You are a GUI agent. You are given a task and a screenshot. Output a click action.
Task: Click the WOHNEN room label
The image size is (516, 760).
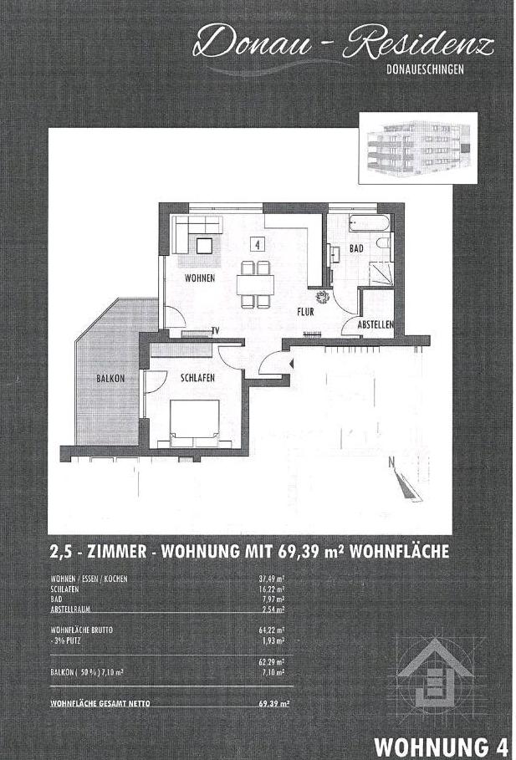pyautogui.click(x=200, y=278)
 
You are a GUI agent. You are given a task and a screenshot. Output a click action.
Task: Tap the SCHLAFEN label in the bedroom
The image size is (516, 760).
pyautogui.click(x=197, y=378)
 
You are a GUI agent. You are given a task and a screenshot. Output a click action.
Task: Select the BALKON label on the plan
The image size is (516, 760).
pyautogui.click(x=110, y=378)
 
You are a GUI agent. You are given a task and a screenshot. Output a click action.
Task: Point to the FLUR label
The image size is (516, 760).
pyautogui.click(x=305, y=313)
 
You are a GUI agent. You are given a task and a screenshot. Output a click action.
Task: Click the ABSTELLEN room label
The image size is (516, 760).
pyautogui.click(x=376, y=324)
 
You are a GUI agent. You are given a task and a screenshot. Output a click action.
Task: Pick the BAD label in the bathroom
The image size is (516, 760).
pyautogui.click(x=355, y=249)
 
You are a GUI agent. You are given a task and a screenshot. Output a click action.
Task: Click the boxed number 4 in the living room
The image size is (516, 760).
pyautogui.click(x=258, y=244)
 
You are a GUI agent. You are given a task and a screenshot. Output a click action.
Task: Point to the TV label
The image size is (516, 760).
pyautogui.click(x=215, y=331)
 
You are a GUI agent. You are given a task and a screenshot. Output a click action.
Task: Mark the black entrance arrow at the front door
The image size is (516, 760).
pyautogui.click(x=290, y=364)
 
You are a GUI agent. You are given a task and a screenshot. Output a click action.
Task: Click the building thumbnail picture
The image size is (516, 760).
pyautogui.click(x=417, y=148)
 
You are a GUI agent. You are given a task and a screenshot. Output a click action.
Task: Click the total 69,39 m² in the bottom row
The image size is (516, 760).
pyautogui.click(x=273, y=704)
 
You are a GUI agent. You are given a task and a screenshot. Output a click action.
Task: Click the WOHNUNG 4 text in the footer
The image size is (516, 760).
pyautogui.click(x=442, y=745)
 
